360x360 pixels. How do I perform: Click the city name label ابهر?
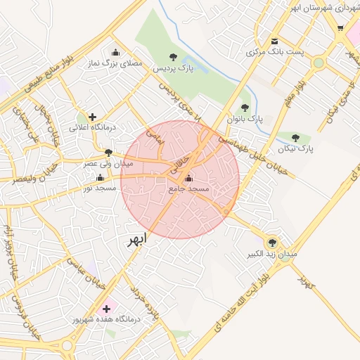[137, 240]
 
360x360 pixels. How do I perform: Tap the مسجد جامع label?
[189, 190]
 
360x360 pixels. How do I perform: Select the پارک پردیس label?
[175, 68]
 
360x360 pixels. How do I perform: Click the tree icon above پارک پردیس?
[174, 56]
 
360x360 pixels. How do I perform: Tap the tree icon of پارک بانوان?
[245, 108]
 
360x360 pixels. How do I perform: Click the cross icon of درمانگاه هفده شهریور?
[107, 308]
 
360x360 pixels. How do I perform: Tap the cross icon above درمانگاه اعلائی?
[92, 117]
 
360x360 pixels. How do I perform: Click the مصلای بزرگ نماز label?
[114, 64]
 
